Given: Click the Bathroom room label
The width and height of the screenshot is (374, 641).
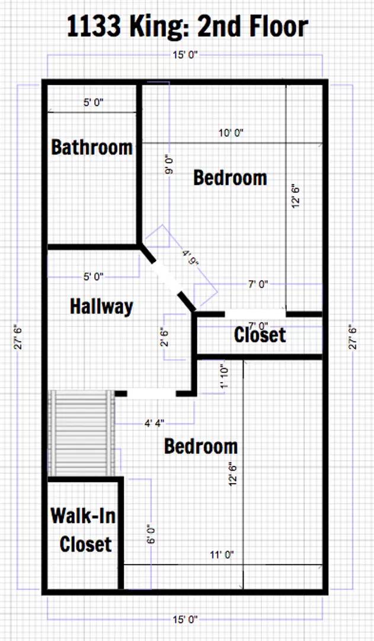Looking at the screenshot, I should tap(92, 147).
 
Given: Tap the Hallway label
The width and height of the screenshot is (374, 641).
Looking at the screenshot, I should tap(101, 306).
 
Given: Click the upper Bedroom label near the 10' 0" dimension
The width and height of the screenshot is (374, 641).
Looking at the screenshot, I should tap(230, 177).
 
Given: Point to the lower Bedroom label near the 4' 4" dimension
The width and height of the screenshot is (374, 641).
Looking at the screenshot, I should tap(200, 446).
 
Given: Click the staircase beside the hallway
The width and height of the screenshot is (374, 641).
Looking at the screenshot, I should tap(81, 433).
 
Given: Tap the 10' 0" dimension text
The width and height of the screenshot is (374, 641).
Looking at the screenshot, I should tap(231, 133).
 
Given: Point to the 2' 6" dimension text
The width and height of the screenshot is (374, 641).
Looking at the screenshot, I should tap(165, 338).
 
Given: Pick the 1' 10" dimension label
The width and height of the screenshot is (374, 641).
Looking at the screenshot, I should tap(223, 376).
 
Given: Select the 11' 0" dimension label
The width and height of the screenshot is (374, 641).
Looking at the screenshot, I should tap(222, 555).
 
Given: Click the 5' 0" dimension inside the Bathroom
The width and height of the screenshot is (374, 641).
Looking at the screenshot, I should tap(94, 103).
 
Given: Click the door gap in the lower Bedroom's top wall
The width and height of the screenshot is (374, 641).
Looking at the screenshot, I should tap(151, 393).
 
